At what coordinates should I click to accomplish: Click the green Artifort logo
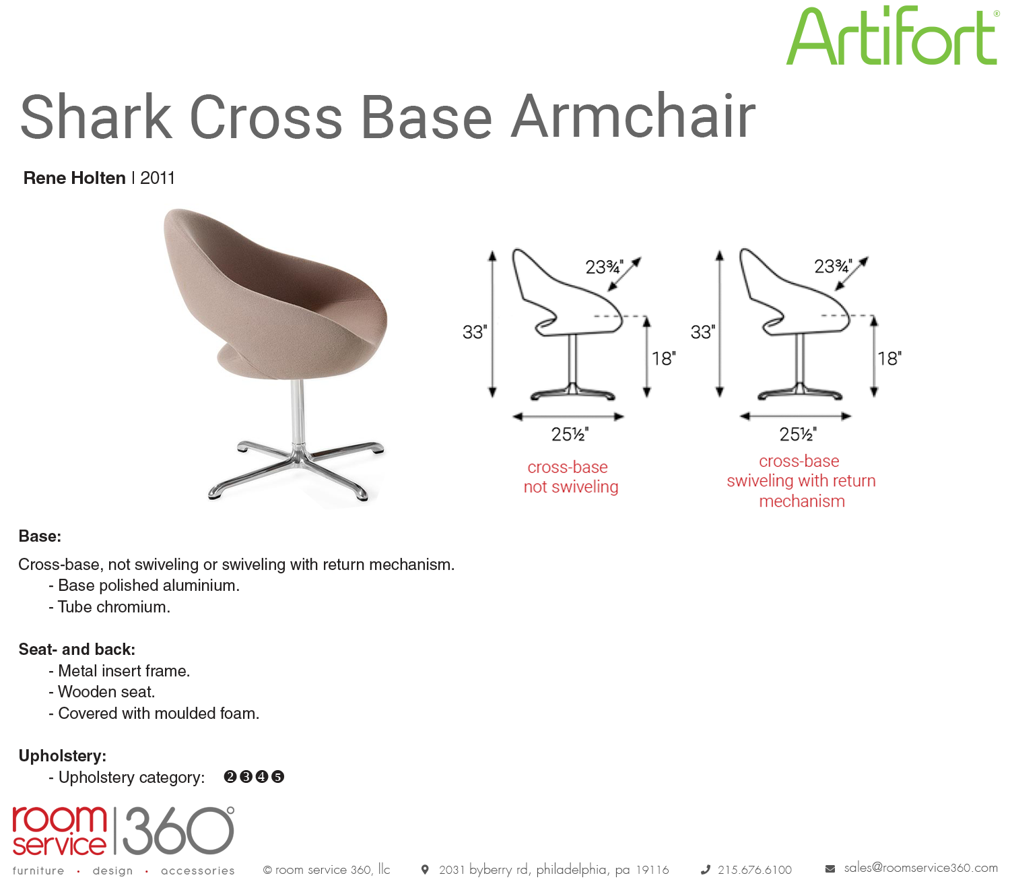click(891, 36)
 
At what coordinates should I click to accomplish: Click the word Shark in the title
click(96, 117)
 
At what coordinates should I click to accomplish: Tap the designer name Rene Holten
click(74, 178)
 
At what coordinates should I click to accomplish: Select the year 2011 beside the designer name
click(157, 178)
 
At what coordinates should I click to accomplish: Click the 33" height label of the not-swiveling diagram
click(474, 331)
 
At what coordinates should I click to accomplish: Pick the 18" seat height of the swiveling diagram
click(889, 358)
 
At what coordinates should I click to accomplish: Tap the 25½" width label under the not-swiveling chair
click(570, 435)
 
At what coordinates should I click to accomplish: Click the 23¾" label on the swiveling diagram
click(833, 266)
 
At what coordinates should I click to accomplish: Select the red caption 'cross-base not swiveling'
click(570, 477)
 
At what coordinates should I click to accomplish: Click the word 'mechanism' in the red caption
click(802, 501)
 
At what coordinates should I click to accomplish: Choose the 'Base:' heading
click(40, 536)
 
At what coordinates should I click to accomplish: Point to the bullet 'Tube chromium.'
click(110, 607)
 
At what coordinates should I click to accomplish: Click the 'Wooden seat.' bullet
click(102, 692)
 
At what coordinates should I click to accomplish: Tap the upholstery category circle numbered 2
click(230, 777)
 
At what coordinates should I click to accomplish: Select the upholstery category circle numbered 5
click(277, 777)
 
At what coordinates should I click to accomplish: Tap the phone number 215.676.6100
click(754, 870)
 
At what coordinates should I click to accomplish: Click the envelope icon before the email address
click(830, 869)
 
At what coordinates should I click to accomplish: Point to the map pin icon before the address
click(425, 870)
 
